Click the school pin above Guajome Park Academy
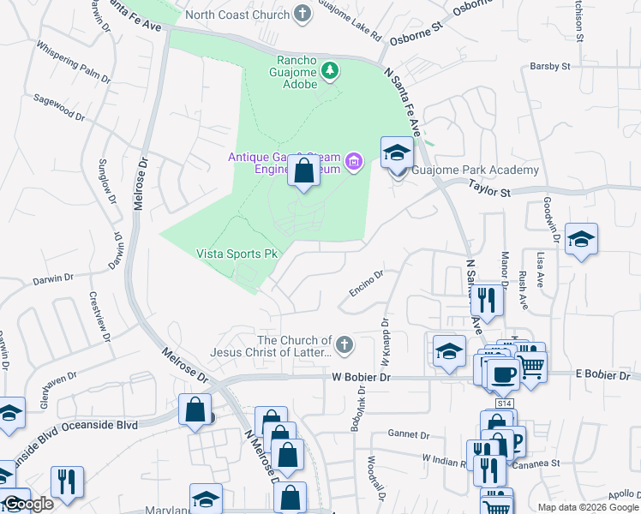point(396,153)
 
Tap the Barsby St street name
point(550,66)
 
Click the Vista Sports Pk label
point(238,254)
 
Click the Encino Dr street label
point(366,284)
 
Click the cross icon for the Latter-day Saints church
point(344,345)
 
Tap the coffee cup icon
point(503,374)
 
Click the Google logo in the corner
point(29,504)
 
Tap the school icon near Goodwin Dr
point(581,240)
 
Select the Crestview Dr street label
point(100,316)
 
